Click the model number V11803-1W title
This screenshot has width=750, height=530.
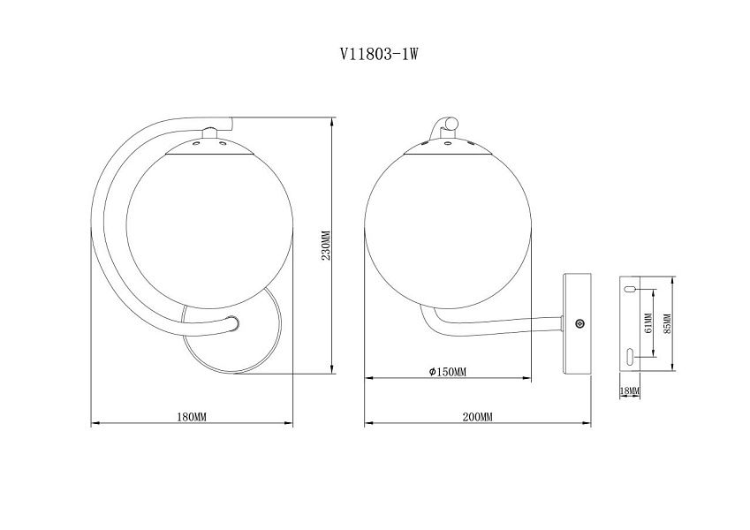click(x=379, y=54)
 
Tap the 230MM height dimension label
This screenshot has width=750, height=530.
click(x=326, y=246)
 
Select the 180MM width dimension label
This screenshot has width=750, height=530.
click(x=192, y=417)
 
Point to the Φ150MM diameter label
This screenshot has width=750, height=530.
click(x=448, y=372)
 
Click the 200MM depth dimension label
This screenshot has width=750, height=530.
click(x=477, y=417)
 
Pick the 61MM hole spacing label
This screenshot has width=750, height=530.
click(x=648, y=323)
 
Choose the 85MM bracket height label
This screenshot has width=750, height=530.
click(x=668, y=323)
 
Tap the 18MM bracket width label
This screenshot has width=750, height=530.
click(x=630, y=390)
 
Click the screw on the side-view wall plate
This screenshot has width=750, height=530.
click(x=580, y=324)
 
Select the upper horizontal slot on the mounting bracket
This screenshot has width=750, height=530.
click(x=630, y=289)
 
